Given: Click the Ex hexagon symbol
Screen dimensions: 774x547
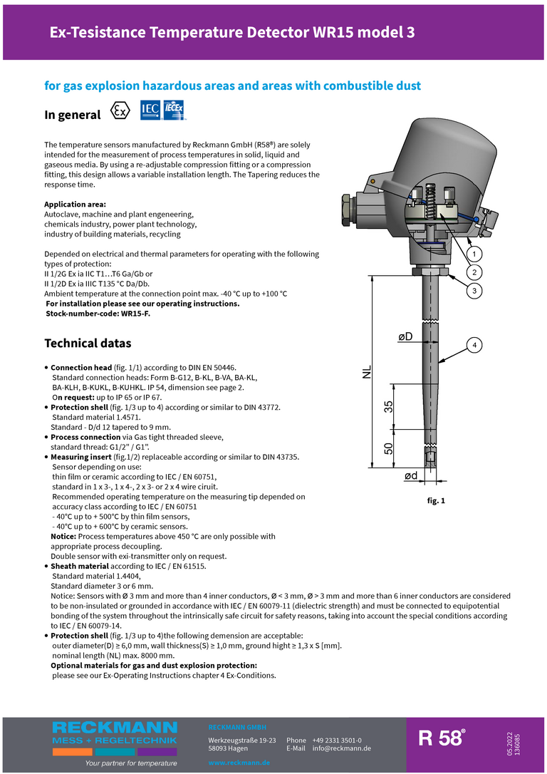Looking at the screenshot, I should pyautogui.click(x=121, y=113).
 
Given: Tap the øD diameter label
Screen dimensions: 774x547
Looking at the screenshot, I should pyautogui.click(x=405, y=336).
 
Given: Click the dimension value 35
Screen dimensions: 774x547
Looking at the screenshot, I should pyautogui.click(x=388, y=406).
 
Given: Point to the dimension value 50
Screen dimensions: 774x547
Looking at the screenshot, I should pyautogui.click(x=388, y=448).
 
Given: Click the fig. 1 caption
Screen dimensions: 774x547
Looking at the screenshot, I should pyautogui.click(x=436, y=501).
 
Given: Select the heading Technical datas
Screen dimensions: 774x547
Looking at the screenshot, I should pyautogui.click(x=88, y=344).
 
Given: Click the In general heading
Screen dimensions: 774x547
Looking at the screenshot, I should pyautogui.click(x=73, y=115).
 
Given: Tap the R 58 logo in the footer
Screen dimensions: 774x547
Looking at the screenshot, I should pyautogui.click(x=442, y=738).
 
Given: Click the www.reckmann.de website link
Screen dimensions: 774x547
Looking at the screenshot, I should pyautogui.click(x=239, y=763).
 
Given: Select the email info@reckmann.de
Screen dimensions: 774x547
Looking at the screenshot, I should pyautogui.click(x=341, y=748).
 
